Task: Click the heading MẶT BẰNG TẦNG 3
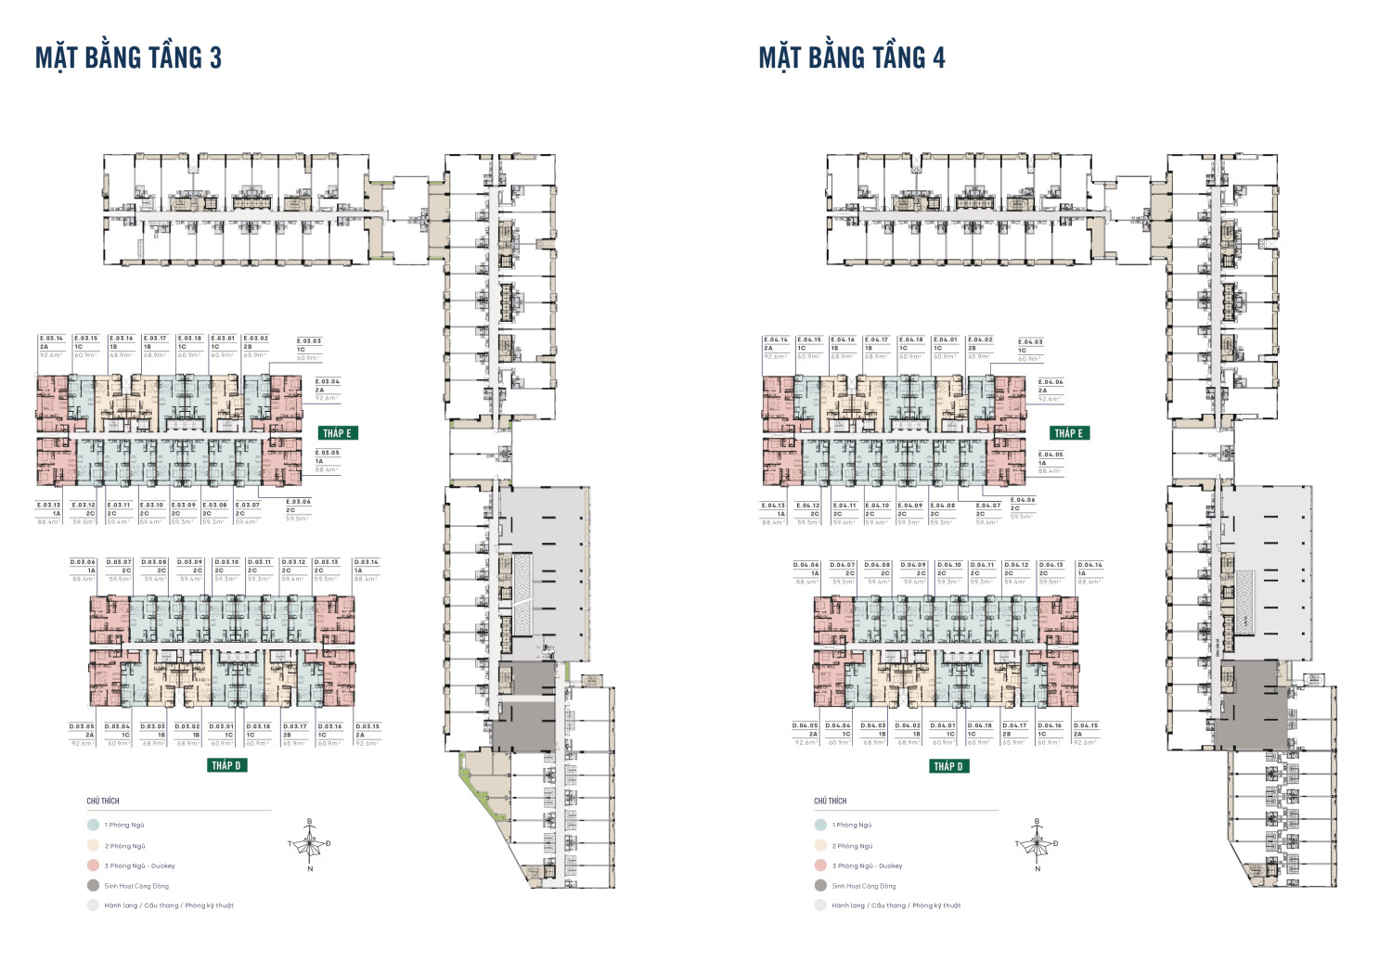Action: click(x=128, y=58)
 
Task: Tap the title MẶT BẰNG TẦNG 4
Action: click(x=851, y=58)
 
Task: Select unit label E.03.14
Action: click(x=51, y=339)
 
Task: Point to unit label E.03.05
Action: click(x=328, y=453)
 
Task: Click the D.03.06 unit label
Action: click(x=83, y=562)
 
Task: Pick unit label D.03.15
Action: click(x=367, y=726)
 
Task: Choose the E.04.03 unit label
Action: click(x=1030, y=341)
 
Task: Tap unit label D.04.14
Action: click(x=1089, y=565)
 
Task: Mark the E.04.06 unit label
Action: click(x=1023, y=500)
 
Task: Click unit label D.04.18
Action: click(x=979, y=725)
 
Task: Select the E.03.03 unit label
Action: click(x=309, y=340)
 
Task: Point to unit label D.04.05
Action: click(x=805, y=725)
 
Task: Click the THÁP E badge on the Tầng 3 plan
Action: click(x=337, y=433)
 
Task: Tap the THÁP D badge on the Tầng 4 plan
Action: click(x=948, y=766)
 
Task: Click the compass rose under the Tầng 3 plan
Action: click(x=310, y=844)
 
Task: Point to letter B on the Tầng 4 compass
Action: click(x=1037, y=822)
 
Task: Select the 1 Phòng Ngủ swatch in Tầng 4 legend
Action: click(x=820, y=825)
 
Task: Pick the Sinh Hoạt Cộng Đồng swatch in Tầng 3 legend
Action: click(x=93, y=886)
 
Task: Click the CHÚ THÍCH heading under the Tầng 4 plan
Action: click(x=831, y=801)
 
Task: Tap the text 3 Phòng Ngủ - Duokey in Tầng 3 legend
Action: click(x=139, y=865)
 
